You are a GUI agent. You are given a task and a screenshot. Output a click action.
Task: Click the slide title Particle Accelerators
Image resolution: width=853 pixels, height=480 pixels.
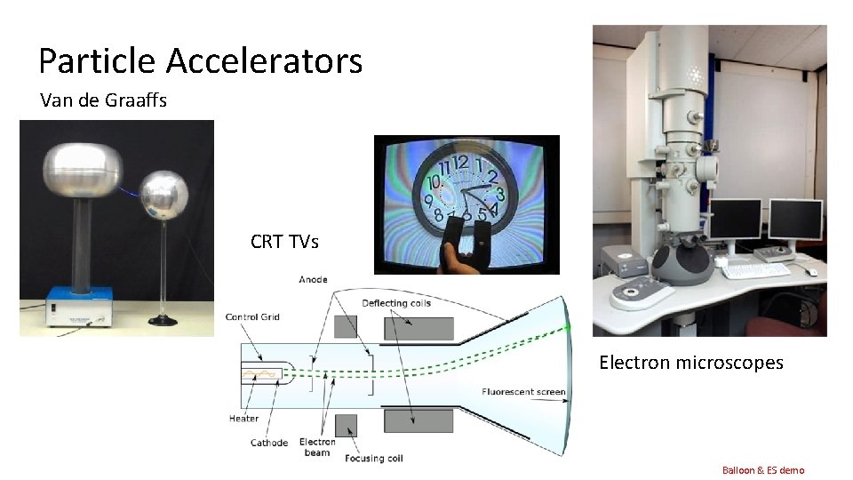pos(200,61)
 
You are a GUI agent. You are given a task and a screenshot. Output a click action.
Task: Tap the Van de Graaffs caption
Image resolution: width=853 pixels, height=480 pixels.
pos(103,100)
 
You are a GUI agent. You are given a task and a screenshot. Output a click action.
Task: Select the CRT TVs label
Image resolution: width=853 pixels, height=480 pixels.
pos(284,242)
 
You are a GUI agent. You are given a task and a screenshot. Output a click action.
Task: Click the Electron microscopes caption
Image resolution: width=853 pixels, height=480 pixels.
pos(690,362)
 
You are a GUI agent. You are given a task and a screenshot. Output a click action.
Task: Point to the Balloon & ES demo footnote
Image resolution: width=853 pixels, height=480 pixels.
pos(762,469)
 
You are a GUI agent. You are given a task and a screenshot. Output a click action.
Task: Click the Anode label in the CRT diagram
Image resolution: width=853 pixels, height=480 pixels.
pos(313,280)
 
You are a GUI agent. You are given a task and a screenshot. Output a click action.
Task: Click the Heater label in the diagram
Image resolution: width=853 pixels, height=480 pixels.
pos(243,419)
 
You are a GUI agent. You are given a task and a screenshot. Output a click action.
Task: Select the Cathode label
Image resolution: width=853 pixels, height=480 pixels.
pos(269,443)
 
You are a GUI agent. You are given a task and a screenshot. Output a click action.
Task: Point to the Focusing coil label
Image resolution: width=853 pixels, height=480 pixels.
pos(372,459)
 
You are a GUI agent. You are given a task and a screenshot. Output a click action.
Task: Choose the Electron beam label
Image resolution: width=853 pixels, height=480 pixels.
pos(317,447)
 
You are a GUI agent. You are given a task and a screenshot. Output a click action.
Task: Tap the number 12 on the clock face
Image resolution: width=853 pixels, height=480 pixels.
pos(461,164)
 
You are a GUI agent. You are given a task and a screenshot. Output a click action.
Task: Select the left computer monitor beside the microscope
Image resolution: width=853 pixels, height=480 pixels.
pos(734,220)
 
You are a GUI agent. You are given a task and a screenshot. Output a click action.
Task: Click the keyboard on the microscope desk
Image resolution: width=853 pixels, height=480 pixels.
pos(755,270)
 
